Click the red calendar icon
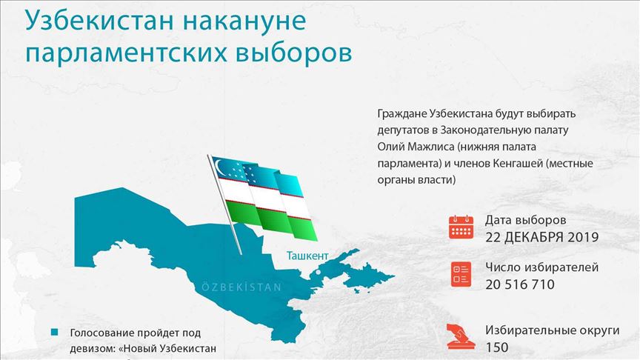461,227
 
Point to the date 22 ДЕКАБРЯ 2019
542,237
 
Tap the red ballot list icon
461,274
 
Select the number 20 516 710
520,284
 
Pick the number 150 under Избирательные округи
497,347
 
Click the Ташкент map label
307,256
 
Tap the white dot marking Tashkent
319,272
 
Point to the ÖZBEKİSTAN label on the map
241,287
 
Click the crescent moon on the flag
221,168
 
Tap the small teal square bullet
54,333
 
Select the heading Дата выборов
526,220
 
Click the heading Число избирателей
542,267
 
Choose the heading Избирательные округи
553,330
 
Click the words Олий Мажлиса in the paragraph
416,147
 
